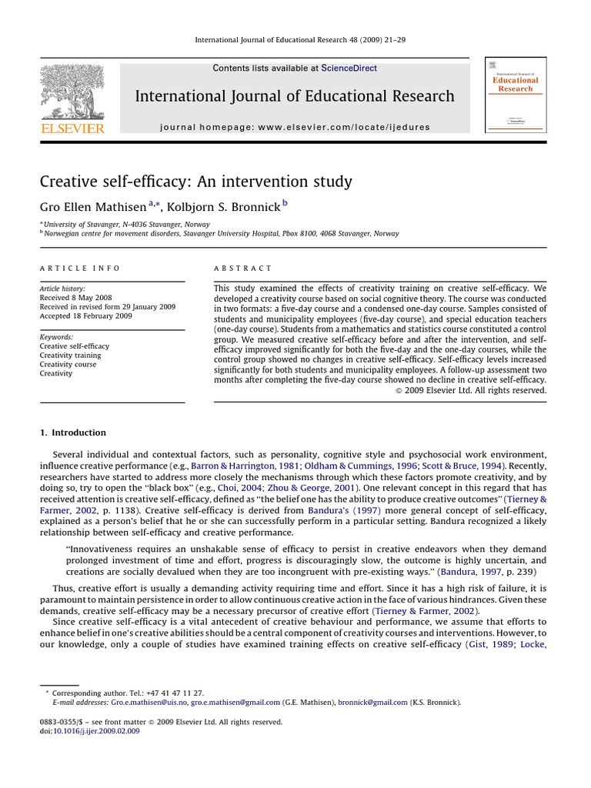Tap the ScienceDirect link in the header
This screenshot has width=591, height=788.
349,68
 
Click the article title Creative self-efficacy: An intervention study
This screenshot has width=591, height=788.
196,182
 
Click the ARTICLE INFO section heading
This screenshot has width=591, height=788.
80,269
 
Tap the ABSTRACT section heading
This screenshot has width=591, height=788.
242,269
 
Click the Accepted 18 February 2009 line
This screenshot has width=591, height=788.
85,316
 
